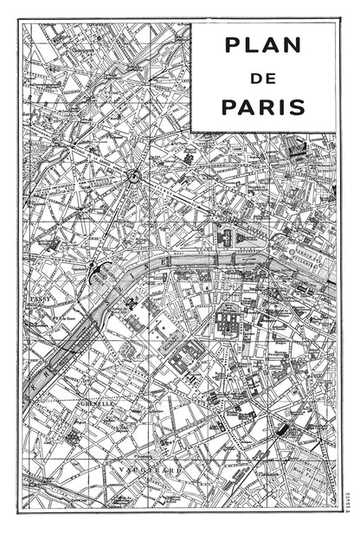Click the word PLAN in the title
(263, 44)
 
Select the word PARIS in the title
(263, 108)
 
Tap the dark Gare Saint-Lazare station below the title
(298, 149)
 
